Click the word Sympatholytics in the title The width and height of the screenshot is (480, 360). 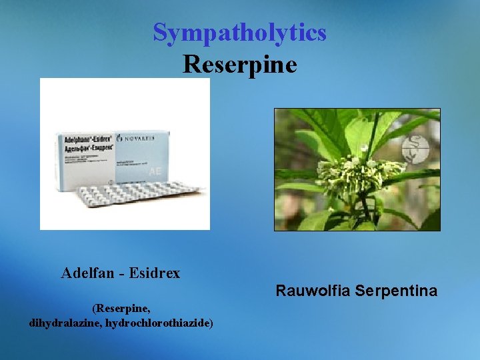[x=239, y=32]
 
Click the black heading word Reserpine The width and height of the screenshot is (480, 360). [x=239, y=64]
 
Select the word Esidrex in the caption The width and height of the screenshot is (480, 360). [x=155, y=273]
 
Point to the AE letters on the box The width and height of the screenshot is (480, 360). [x=155, y=171]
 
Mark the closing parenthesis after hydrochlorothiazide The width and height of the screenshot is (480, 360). [x=211, y=323]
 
